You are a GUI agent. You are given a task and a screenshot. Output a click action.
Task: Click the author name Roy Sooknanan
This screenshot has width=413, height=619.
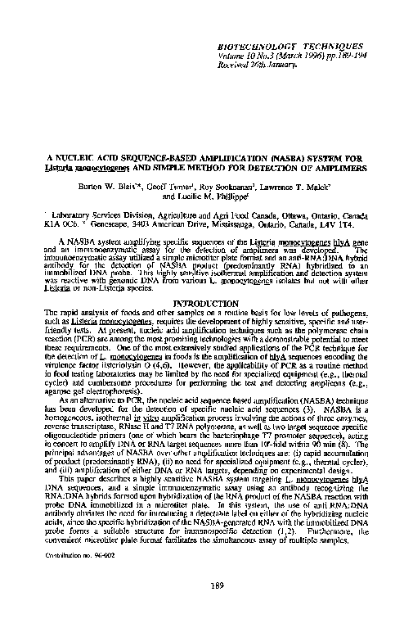tap(226, 187)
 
